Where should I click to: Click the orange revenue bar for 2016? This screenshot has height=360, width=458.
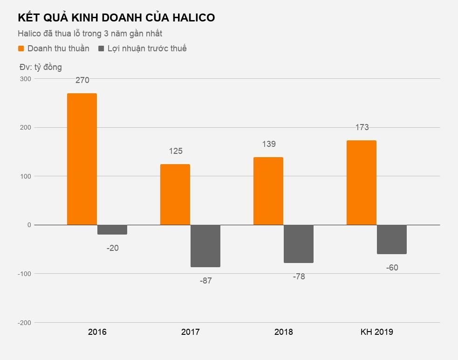tap(82, 159)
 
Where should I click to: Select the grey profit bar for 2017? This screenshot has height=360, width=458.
tap(205, 246)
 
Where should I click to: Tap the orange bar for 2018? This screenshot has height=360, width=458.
tap(268, 191)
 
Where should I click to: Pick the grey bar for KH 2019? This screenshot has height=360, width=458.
tap(392, 239)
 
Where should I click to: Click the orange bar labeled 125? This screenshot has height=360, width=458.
tap(175, 194)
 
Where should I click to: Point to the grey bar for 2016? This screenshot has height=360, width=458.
tap(112, 229)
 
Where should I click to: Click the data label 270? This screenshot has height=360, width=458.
tap(82, 80)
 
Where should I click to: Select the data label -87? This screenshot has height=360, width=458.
tap(205, 281)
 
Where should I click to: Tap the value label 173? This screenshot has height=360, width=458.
tap(362, 127)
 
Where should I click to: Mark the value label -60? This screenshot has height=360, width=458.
tap(392, 268)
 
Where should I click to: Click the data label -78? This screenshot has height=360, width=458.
tap(299, 277)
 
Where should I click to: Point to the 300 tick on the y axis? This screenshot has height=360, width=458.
tap(26, 79)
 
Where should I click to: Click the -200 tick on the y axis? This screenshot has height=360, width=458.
tap(25, 323)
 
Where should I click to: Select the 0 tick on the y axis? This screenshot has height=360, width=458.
tap(29, 225)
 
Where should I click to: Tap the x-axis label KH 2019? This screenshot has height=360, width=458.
tap(376, 332)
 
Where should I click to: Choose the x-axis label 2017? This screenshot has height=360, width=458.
tap(190, 332)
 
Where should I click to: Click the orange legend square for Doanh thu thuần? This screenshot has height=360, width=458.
tap(21, 48)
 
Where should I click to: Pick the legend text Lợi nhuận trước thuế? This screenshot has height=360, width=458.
tap(147, 48)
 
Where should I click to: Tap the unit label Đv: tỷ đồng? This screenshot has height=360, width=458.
tap(41, 67)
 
